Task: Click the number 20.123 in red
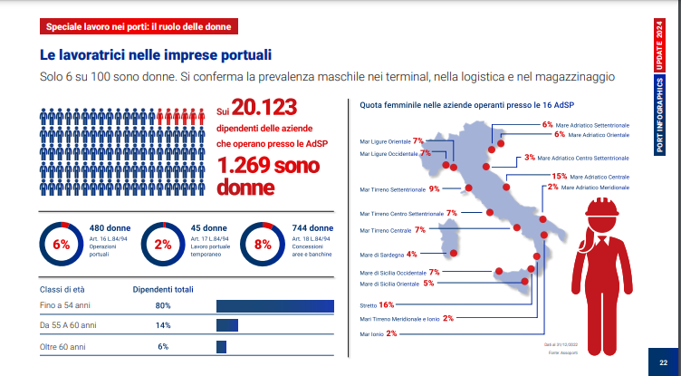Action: pos(264,108)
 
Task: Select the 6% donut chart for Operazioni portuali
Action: pos(61,244)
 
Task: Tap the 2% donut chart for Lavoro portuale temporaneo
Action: pos(163,244)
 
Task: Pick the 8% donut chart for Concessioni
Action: pos(263,244)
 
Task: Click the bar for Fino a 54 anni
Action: pos(274,305)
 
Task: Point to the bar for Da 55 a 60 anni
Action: pos(226,325)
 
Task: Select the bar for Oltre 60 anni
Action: pos(221,346)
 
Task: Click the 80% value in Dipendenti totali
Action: pos(163,306)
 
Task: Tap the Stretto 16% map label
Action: pos(374,304)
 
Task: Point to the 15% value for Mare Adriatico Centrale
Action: pos(559,176)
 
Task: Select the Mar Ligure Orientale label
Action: pos(385,141)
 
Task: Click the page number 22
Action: pos(664,362)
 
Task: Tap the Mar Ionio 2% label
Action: pos(379,333)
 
